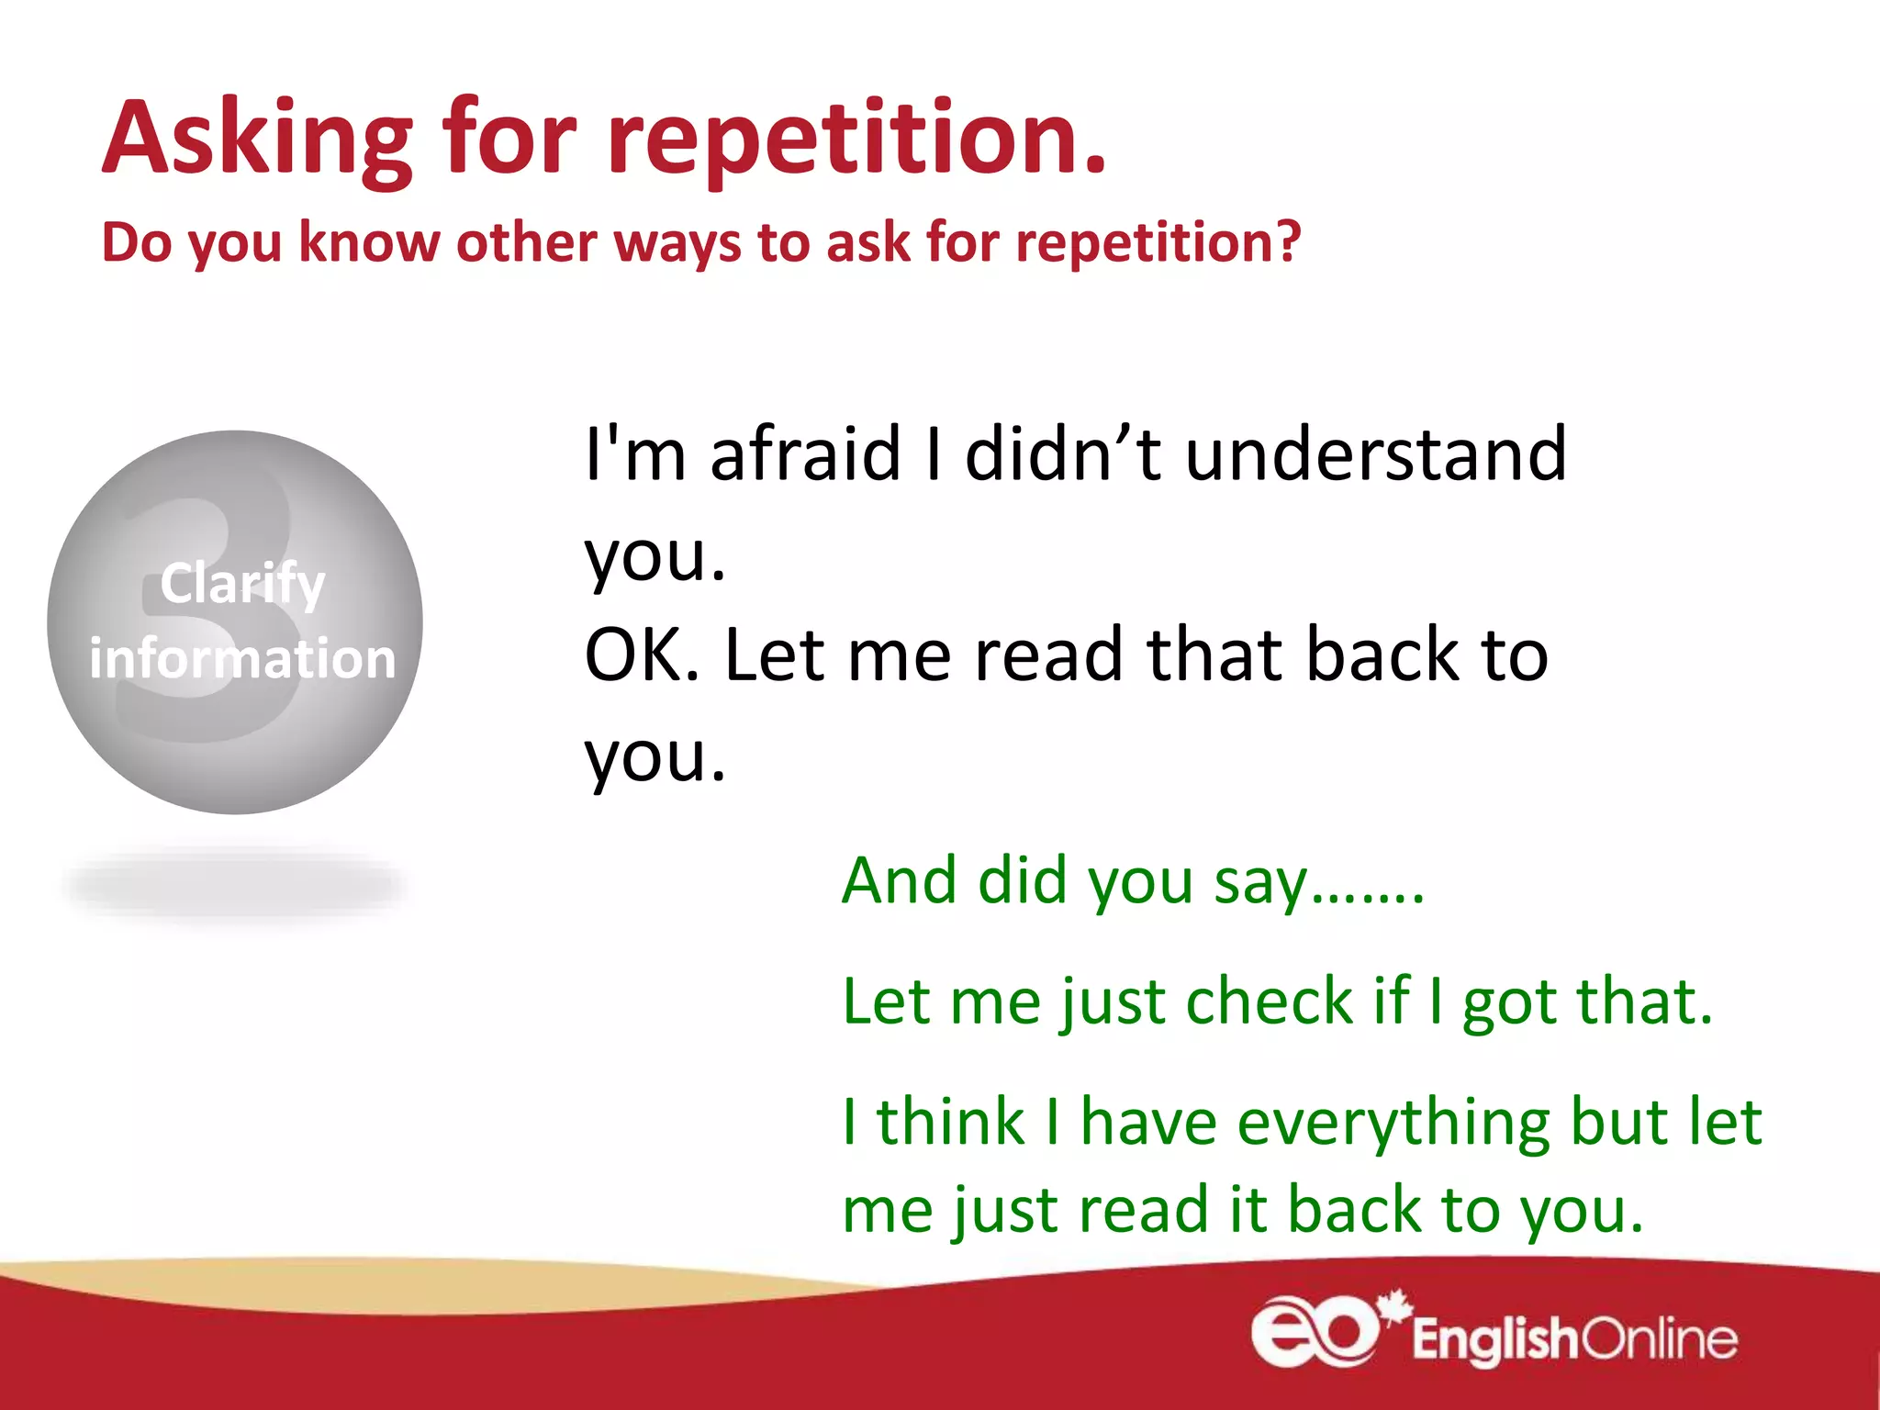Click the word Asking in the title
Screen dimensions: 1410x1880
point(257,140)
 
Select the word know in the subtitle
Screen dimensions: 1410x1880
point(369,242)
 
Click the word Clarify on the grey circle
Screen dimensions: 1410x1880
point(242,584)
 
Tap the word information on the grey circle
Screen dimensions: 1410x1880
point(242,659)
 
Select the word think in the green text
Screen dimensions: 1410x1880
point(950,1122)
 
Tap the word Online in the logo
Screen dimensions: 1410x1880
point(1660,1340)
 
